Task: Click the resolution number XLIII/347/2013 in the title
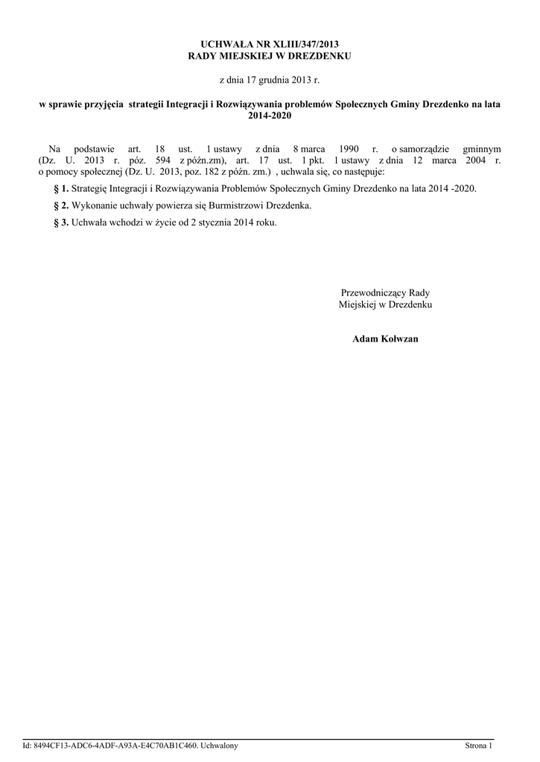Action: (x=300, y=45)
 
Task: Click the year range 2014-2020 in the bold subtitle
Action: (x=270, y=116)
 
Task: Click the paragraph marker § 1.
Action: (x=62, y=189)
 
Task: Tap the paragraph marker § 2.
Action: (x=62, y=205)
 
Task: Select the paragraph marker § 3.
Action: (x=62, y=222)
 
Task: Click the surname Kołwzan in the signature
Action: (x=401, y=339)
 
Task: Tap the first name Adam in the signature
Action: (x=365, y=339)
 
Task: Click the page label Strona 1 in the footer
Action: (x=479, y=746)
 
